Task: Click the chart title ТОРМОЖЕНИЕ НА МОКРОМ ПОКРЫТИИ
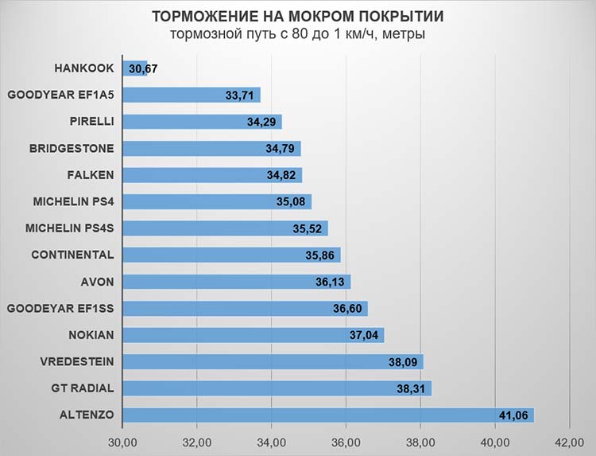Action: (298, 17)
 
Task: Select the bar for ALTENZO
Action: (328, 415)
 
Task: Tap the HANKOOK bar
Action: (135, 68)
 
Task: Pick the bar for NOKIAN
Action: (253, 335)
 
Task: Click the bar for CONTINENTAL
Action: (231, 255)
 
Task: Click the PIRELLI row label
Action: (91, 122)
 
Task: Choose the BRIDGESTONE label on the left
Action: (72, 148)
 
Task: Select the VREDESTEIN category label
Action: (77, 361)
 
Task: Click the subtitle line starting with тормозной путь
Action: (298, 35)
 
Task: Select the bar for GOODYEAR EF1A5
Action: (192, 95)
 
